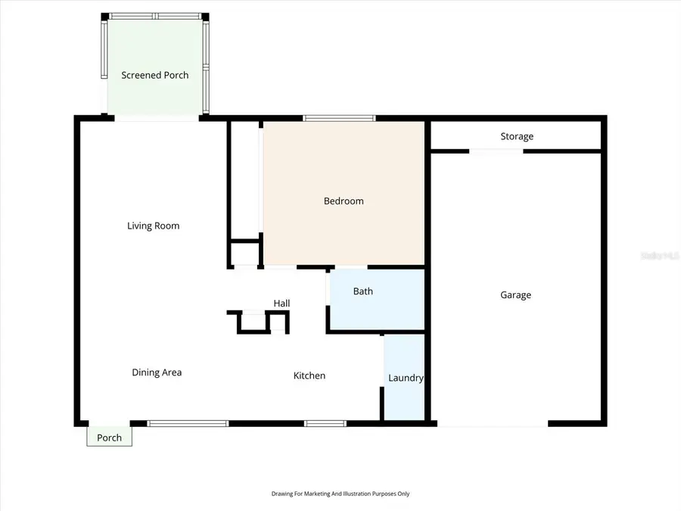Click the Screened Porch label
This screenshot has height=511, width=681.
point(155,75)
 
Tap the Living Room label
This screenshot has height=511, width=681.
point(153,226)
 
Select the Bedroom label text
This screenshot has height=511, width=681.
point(344,201)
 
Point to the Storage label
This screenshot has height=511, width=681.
point(517,136)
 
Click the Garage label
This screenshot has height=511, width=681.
point(515,294)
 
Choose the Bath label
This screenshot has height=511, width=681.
point(363,291)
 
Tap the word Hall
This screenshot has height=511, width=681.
point(281,303)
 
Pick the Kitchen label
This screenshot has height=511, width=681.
point(309,375)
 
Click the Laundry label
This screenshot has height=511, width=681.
point(406,378)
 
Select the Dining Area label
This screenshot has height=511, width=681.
point(157,372)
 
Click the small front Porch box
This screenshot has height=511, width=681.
point(109,437)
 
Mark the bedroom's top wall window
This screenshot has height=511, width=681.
point(339,118)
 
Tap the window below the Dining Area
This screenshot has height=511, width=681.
point(188,423)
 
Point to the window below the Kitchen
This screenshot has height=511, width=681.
point(325,423)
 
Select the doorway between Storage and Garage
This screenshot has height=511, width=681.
point(496,151)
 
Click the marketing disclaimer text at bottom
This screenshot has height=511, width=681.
point(340,494)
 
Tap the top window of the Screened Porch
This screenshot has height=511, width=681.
point(156,16)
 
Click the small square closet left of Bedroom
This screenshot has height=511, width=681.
point(244,253)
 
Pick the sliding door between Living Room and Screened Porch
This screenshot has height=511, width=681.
point(157,118)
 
